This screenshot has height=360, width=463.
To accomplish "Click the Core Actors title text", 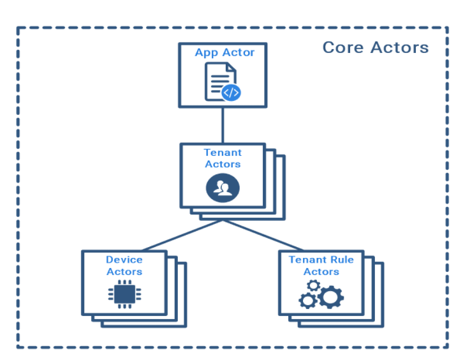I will pos(375,48).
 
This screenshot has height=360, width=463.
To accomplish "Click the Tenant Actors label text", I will pos(223,158).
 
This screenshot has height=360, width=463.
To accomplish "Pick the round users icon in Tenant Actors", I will pos(223,187).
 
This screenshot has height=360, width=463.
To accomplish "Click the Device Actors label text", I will pos(124,266).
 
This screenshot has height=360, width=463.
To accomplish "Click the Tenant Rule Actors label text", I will pos(321,266).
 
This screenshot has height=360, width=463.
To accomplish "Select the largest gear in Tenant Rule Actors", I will pos(330,296).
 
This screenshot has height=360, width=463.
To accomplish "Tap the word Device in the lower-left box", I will pos(124,260).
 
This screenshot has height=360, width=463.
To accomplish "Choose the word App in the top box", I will pos(206,52).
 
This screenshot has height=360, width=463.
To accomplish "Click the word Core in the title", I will pos(344,48).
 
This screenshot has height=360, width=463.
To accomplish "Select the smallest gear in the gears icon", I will pos(313,283).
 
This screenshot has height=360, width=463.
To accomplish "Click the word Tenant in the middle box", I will pos(223,153).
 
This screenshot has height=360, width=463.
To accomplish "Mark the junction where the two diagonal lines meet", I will pos(223,221).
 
